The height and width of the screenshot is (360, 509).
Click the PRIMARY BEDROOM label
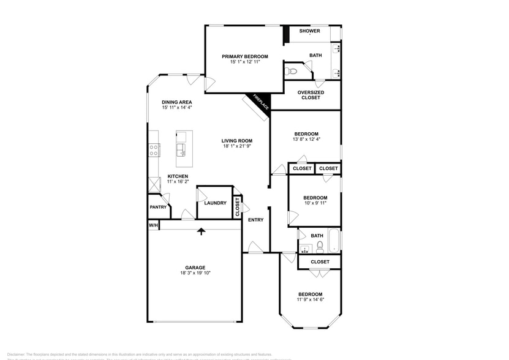click(x=244, y=56)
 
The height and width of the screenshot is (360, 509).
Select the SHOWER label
click(x=309, y=31)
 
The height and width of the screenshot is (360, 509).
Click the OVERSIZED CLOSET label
click(x=311, y=95)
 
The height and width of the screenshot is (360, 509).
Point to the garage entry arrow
click(x=201, y=231)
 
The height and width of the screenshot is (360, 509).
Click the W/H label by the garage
click(x=153, y=225)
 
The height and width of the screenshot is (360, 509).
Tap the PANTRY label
click(x=157, y=207)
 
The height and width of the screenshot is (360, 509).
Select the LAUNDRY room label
click(x=215, y=203)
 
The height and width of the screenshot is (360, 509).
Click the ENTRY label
click(x=255, y=219)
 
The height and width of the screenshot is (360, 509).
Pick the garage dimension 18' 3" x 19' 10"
click(x=195, y=273)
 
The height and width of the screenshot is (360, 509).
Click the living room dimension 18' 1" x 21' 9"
click(x=236, y=147)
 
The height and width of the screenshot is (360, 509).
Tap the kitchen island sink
click(x=181, y=149)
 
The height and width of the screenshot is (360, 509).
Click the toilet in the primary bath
click(x=292, y=72)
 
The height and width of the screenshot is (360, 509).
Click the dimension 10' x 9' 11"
click(x=315, y=203)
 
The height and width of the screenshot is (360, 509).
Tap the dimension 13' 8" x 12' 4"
click(x=306, y=140)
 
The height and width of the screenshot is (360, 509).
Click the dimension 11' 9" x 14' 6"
click(x=311, y=299)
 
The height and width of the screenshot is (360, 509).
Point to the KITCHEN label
click(x=178, y=176)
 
